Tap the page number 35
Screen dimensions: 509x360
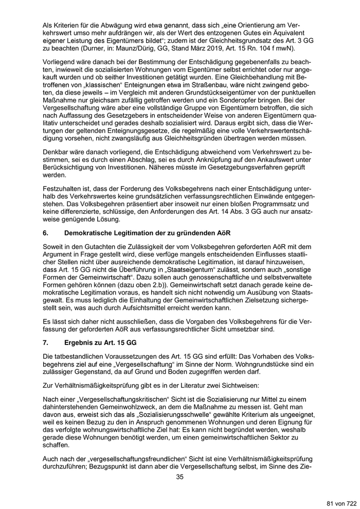tap(180, 477)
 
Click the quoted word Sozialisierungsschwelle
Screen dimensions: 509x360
tap(166, 414)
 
